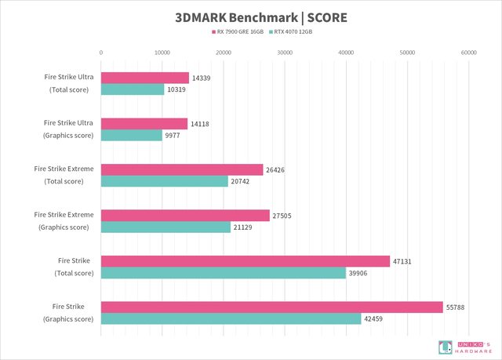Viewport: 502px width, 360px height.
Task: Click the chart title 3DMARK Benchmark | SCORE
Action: click(251, 16)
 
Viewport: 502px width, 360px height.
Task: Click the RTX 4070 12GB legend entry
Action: click(293, 32)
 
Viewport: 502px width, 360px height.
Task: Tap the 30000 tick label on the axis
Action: click(285, 52)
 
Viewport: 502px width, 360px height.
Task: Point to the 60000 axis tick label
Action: click(468, 52)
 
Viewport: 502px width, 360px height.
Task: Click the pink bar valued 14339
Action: click(145, 78)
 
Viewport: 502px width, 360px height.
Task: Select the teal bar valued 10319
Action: click(133, 89)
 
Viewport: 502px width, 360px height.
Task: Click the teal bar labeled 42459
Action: click(231, 318)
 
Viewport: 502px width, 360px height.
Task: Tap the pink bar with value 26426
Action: click(182, 169)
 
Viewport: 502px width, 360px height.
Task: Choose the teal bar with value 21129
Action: click(166, 227)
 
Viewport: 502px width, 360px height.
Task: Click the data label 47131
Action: click(403, 261)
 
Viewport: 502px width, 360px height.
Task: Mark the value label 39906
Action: click(359, 273)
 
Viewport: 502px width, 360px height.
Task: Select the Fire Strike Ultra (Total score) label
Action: click(68, 84)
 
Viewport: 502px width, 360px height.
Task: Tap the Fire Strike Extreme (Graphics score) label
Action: click(64, 221)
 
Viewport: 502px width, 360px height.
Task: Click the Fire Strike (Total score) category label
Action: click(74, 267)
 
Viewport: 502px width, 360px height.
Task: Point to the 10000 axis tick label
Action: click(162, 52)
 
